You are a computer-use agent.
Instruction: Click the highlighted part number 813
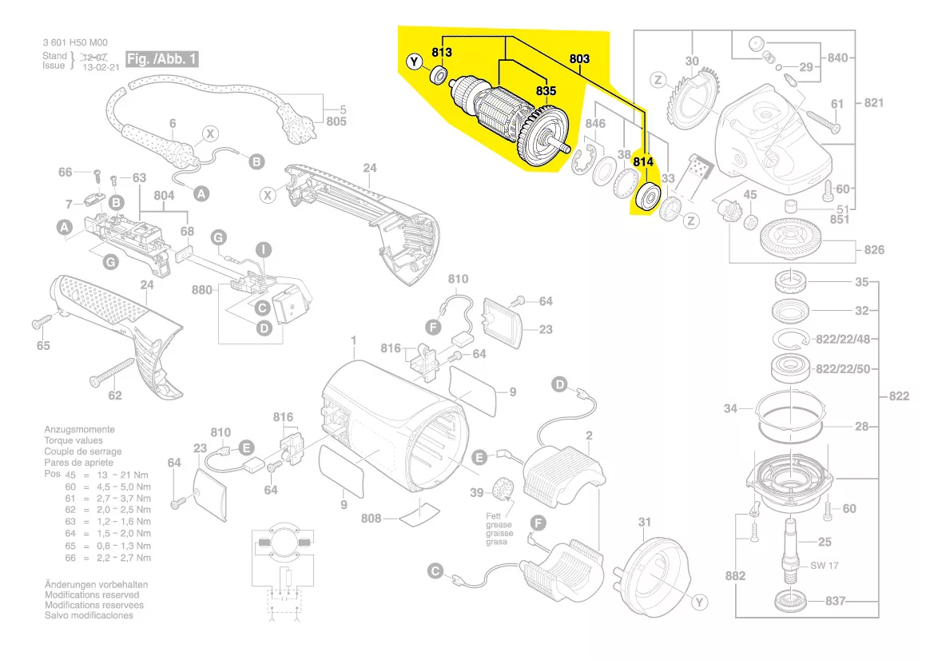pyautogui.click(x=442, y=53)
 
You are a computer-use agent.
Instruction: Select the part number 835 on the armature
pyautogui.click(x=546, y=92)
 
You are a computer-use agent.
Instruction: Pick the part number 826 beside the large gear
pyautogui.click(x=874, y=250)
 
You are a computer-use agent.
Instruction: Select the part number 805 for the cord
pyautogui.click(x=336, y=122)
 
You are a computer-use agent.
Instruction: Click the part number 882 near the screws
pyautogui.click(x=736, y=576)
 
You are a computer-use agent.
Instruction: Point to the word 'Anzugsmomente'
pyautogui.click(x=79, y=430)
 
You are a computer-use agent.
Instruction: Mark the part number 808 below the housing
pyautogui.click(x=371, y=518)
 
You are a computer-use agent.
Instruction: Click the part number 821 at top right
pyautogui.click(x=874, y=103)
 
